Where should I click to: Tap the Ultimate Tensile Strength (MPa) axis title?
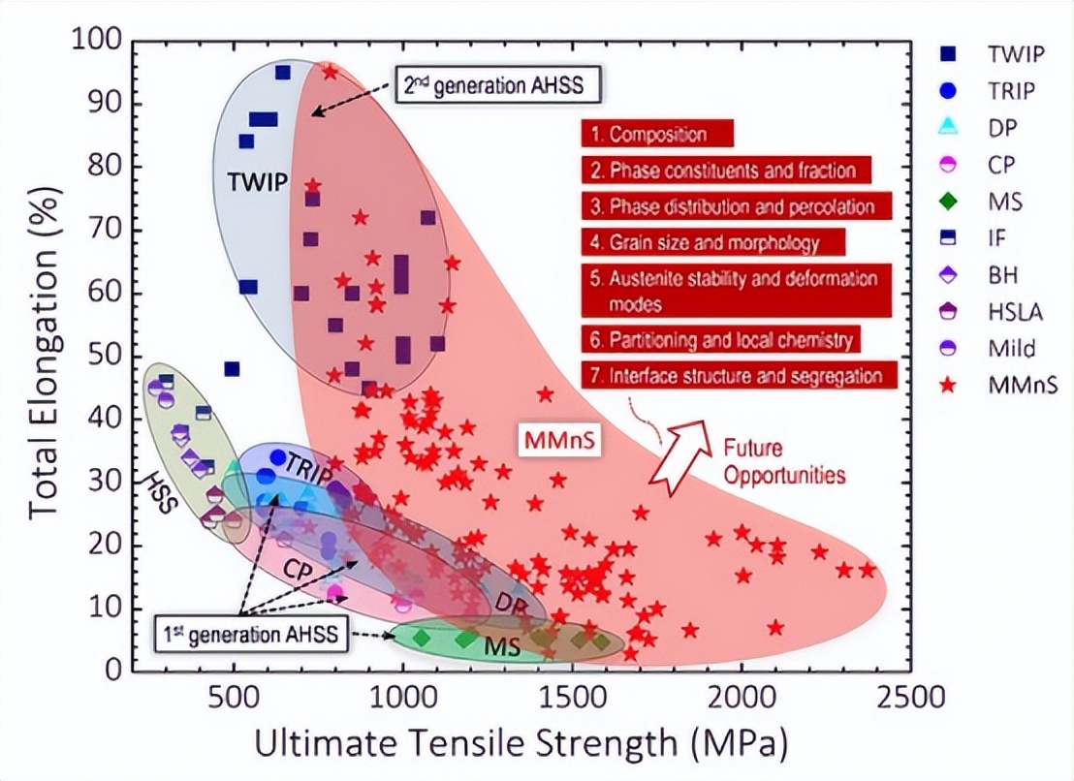521,743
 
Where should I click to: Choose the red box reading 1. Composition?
657,134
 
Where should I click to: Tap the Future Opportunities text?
784,461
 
